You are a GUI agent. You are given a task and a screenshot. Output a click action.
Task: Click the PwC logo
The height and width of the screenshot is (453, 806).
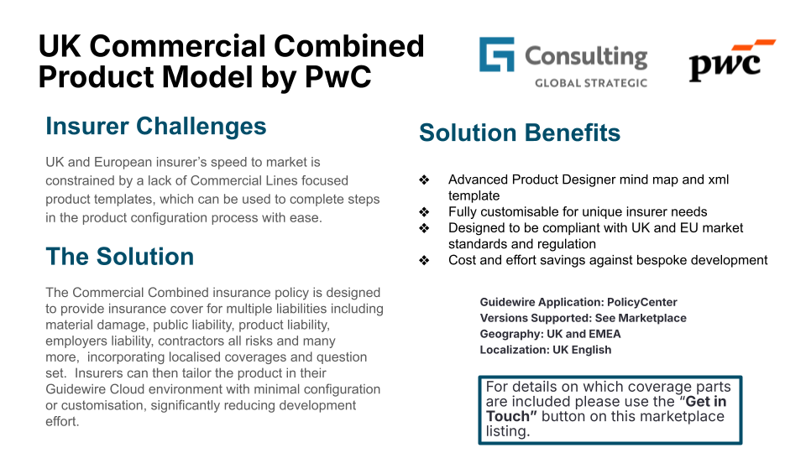tap(731, 60)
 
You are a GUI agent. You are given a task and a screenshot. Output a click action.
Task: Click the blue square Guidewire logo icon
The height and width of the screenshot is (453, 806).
tap(496, 54)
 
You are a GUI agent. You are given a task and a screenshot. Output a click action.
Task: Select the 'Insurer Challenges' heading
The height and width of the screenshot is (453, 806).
tap(156, 127)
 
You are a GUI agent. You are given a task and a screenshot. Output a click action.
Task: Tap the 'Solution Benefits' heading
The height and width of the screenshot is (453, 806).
tap(520, 133)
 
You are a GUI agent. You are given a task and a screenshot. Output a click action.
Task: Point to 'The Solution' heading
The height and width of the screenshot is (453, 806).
tap(120, 257)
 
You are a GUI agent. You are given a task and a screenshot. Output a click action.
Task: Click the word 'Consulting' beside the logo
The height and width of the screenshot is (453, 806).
tap(586, 57)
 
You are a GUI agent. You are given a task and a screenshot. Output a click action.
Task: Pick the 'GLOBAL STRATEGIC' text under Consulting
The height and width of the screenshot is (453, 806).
tap(591, 83)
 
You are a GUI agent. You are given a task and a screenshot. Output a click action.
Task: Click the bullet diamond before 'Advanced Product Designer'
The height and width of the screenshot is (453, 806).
tap(424, 180)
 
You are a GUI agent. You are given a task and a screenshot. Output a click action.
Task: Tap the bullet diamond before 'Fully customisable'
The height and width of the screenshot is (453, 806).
tap(424, 211)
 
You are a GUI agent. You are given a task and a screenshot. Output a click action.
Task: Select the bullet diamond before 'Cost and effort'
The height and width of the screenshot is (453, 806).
tap(424, 260)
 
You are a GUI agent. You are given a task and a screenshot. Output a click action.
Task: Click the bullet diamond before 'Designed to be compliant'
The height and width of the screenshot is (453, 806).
tap(424, 228)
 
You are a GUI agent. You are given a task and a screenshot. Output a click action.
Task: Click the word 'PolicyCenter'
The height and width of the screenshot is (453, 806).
tap(642, 302)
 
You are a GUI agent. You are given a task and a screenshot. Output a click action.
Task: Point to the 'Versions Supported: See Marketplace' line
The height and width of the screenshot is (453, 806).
tap(583, 318)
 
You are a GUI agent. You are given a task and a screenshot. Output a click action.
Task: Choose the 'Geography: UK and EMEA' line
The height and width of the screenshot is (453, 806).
tap(550, 334)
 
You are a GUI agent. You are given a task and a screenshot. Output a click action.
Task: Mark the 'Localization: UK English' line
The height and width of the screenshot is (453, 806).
tap(546, 350)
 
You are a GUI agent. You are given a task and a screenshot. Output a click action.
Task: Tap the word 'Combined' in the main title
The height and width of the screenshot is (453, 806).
tap(349, 46)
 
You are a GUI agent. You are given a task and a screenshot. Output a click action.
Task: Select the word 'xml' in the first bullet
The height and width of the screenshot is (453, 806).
tap(719, 180)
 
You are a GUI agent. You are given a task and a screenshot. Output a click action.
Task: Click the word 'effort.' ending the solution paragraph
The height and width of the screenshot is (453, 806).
tap(62, 421)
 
